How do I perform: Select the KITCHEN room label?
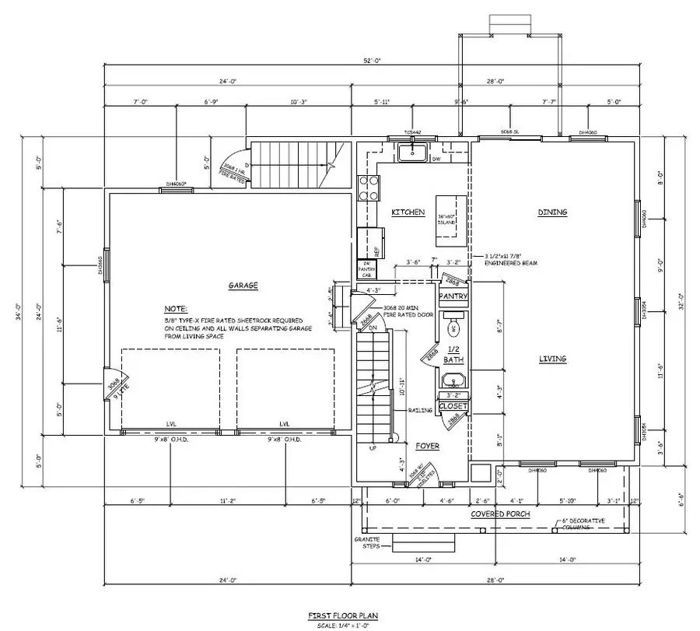(x=408, y=212)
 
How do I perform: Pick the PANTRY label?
(x=453, y=296)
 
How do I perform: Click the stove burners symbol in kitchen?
(x=368, y=189)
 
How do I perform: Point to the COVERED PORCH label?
(x=499, y=514)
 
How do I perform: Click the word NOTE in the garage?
(x=176, y=309)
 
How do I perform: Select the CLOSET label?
(x=453, y=406)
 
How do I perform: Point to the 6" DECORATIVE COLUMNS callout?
(x=576, y=524)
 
